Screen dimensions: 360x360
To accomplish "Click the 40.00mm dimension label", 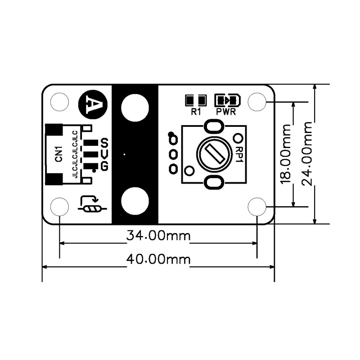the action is point(158,260).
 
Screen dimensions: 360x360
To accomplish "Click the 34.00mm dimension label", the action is point(158,235).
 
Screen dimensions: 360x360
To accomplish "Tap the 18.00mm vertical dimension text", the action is point(286,154).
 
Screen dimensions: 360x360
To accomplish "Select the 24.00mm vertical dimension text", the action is point(307,153).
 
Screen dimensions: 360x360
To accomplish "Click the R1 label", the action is point(196,112).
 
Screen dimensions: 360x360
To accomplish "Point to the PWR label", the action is point(226,112).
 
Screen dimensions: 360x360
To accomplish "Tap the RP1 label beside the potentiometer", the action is point(239,154).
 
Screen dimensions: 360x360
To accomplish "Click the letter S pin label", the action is point(104,143).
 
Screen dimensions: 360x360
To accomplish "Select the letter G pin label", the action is point(104,166).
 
